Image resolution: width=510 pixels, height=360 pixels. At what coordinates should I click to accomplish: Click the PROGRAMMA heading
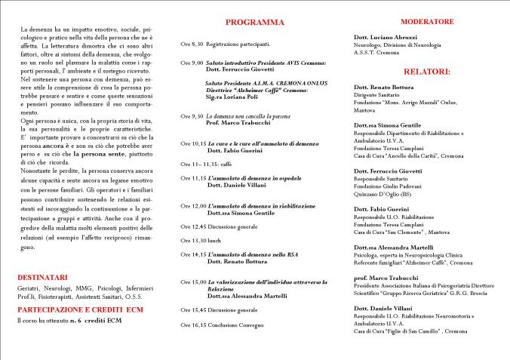[x=238, y=23]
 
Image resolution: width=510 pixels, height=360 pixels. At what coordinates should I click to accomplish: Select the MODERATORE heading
[x=405, y=21]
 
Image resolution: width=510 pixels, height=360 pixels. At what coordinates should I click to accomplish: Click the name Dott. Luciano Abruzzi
[x=385, y=37]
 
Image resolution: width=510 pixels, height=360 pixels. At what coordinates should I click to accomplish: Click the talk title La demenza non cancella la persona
[x=242, y=115]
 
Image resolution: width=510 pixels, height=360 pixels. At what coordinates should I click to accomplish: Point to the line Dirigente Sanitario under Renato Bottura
[x=379, y=94]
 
